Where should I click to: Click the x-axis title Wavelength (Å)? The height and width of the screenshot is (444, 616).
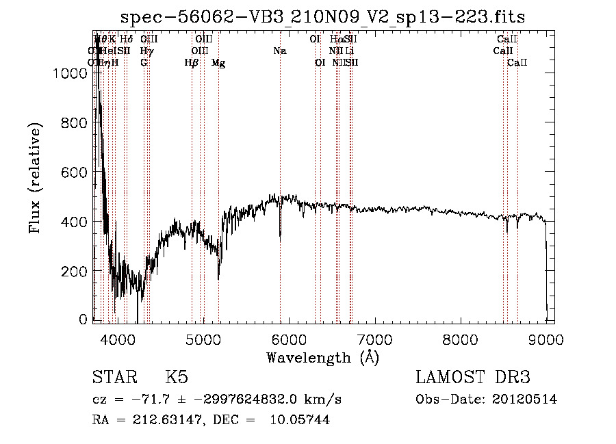point(322,357)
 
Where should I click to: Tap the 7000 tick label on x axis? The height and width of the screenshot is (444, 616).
point(374,339)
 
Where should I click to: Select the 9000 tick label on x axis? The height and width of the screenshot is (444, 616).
point(546,339)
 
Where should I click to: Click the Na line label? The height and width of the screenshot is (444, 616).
point(279,51)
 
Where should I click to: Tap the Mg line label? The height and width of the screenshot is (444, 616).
point(218,63)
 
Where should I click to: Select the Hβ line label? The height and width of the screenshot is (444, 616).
point(192,63)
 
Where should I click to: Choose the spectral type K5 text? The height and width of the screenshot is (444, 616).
point(177,378)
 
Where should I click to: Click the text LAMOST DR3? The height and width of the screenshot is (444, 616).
point(473,378)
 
